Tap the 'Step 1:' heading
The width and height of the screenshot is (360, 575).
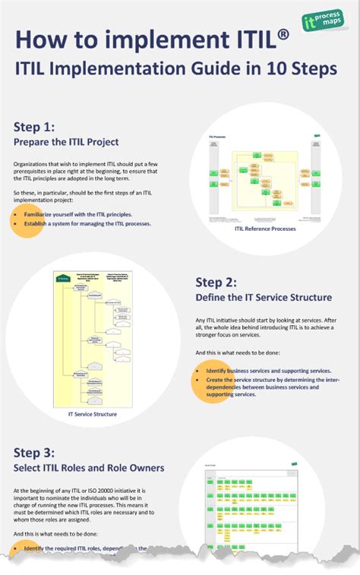[34, 126]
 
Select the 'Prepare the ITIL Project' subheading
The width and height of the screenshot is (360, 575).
[66, 141]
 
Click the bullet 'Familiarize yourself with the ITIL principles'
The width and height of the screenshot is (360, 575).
[77, 215]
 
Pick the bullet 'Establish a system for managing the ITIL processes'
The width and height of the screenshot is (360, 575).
[87, 224]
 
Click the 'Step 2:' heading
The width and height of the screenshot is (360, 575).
[216, 282]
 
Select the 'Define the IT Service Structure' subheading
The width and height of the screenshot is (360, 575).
[263, 297]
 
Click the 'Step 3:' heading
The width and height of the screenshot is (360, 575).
[34, 451]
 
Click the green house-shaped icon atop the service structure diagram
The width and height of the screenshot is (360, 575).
[62, 278]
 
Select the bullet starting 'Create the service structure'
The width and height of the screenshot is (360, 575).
[272, 387]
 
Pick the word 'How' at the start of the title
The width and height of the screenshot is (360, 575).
[46, 40]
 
